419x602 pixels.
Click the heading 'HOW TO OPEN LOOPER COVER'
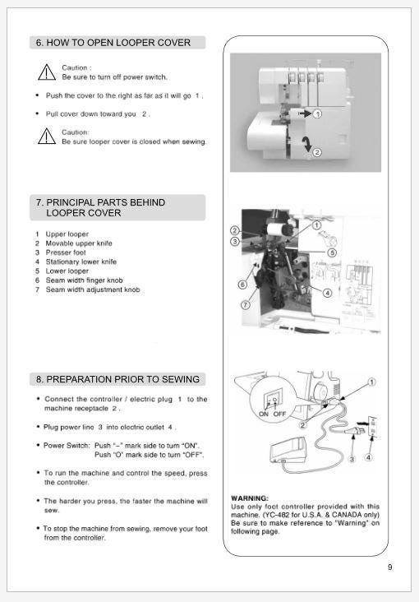point(118,43)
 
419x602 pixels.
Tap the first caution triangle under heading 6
point(47,72)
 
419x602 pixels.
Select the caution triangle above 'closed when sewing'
point(47,137)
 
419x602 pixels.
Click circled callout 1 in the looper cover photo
point(317,113)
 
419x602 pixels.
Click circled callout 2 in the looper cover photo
point(317,152)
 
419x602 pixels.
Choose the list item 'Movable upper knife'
point(79,243)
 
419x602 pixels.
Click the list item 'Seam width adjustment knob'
point(93,289)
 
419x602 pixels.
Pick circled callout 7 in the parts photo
point(245,305)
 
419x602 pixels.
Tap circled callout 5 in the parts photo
point(332,252)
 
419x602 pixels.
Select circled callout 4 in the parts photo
point(327,293)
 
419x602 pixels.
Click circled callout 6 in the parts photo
point(242,285)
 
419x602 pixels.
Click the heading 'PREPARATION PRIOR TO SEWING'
point(122,379)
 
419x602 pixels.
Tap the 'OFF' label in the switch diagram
point(279,414)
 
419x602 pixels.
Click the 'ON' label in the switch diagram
point(264,414)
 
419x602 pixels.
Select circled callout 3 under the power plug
point(352,459)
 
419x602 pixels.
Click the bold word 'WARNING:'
point(250,498)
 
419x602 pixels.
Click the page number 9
point(390,567)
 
